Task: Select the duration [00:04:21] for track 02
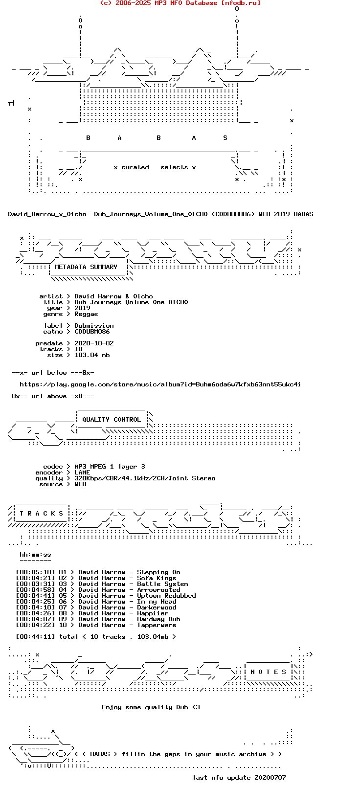35,578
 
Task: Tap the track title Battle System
162,584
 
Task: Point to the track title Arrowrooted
158,589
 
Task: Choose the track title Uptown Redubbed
166,596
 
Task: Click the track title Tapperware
157,625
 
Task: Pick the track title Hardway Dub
158,619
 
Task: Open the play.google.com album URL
160,384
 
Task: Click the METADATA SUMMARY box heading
86,267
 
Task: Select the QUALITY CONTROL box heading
112,420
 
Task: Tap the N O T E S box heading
268,672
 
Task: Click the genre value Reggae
86,314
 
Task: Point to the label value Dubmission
94,325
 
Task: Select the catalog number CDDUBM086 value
92,332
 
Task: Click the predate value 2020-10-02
94,343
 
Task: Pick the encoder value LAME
82,472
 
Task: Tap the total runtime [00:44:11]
35,637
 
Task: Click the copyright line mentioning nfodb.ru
180,3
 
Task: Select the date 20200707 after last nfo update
270,777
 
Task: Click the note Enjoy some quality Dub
151,707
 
